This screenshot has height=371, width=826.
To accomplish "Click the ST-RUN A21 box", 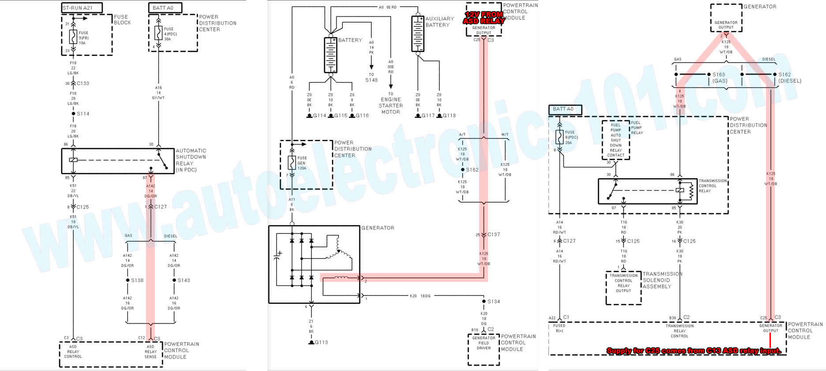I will coord(82,7).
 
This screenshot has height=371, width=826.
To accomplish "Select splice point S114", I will coord(73,114).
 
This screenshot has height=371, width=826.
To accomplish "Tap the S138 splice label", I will coord(137,280).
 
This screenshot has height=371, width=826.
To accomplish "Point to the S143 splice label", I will coord(184,280).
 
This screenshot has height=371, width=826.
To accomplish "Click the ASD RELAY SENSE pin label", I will coord(150,352).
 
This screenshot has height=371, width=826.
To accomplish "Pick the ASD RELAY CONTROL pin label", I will coord(73,352).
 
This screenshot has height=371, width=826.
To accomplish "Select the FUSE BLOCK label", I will coord(122,20).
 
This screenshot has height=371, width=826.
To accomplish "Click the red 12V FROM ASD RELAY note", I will coord(484,18).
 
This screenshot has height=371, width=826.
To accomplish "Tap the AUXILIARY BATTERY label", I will coord(439,22).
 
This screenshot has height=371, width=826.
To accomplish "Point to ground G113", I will coord(321,342).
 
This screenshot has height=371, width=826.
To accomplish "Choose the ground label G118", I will coord(449,116).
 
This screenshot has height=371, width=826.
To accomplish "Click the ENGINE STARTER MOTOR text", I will coord(390,106).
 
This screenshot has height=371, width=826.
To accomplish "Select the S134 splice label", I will coord(493,301).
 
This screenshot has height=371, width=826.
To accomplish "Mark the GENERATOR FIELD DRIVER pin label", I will coord(484,343).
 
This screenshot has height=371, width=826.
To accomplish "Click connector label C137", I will coord(494,235).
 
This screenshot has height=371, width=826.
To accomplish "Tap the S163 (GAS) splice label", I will coord(719,78).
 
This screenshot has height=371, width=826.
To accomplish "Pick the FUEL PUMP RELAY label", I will coord(637,127).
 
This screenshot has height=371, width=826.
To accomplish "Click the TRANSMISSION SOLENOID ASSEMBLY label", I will coord(662,280).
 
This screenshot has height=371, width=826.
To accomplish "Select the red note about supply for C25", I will coord(694,351).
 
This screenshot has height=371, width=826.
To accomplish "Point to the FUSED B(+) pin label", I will coord(559,328).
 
